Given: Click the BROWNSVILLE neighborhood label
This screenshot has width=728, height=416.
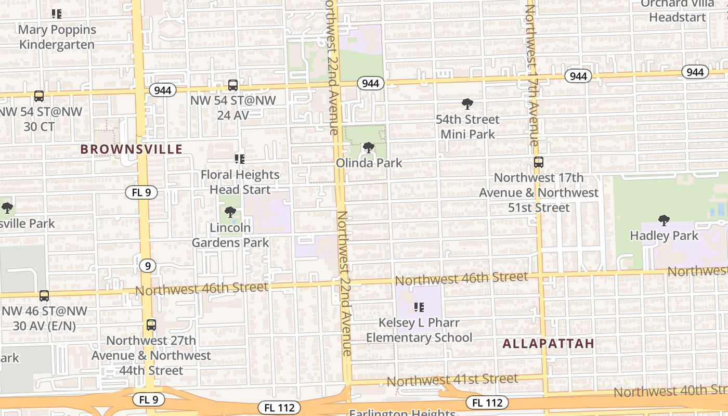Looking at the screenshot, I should pos(132,149).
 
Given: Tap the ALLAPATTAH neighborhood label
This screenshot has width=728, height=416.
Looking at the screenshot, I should pos(549,343).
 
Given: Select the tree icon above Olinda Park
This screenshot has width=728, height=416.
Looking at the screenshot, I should pos(368,148).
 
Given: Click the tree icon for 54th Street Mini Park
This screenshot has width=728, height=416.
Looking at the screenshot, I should pos(467,104).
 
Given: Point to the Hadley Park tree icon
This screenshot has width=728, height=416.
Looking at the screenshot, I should pos(664,220).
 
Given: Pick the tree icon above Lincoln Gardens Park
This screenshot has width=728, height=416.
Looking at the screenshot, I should pos(230,212).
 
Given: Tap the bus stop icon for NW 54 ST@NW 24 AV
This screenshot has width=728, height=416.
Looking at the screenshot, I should pos(233,85).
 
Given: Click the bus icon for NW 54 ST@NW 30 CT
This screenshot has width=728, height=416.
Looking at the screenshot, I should pos(39,96).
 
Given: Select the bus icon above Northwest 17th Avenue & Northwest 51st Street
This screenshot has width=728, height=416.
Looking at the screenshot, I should pos(539,162).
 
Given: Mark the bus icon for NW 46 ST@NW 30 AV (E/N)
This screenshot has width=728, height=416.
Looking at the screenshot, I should pos(44,295).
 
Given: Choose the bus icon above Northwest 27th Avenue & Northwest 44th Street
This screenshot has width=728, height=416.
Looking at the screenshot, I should pos(151,325).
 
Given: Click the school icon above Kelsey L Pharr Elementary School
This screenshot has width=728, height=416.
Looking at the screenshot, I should pos(419,307).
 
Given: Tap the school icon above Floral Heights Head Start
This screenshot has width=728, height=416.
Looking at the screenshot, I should pos(240,159).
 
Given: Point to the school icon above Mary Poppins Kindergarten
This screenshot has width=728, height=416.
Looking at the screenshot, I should pos(57,14).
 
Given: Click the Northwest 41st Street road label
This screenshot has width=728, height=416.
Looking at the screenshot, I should pos(452,380).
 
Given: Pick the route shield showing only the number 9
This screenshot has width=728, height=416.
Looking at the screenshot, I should pos(148,266).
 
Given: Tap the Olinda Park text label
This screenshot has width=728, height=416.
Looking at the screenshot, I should pos(369,163).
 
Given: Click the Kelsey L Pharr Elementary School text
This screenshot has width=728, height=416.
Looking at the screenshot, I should pos(419,330).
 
